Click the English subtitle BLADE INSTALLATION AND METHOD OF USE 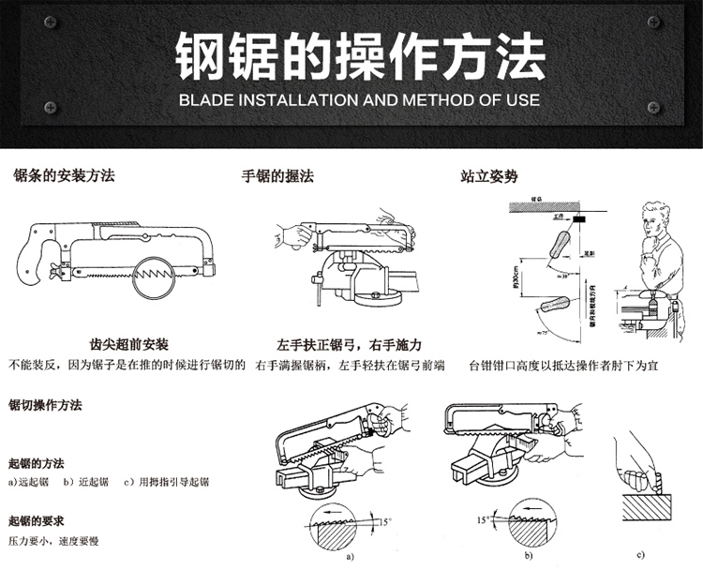point(359,99)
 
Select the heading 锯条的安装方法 point(64,176)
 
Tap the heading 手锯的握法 point(277,176)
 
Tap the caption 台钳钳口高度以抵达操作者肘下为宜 point(563,366)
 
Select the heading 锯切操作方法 point(45,406)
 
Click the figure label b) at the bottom point(530,556)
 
